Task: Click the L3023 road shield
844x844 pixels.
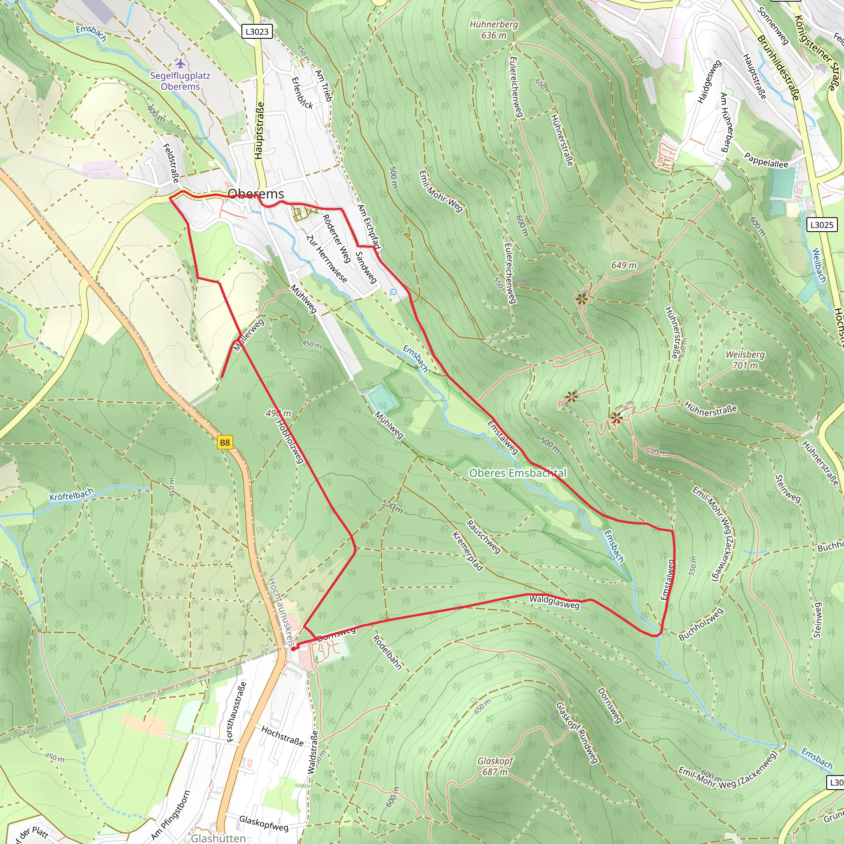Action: pos(257,31)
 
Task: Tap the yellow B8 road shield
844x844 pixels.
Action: pos(225,443)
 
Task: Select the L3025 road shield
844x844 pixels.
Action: pos(822,225)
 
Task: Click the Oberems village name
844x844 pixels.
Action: pos(256,194)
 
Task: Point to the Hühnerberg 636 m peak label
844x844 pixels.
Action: pos(494,30)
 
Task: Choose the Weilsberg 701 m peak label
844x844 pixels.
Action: pos(745,359)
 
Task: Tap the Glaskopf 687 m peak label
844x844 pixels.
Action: pos(495,766)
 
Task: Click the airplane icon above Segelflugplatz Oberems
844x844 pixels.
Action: pos(181,64)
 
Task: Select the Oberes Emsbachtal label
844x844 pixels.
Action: pos(518,473)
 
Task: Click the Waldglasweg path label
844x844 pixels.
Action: pos(554,602)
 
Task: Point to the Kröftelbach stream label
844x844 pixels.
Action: pos(71,495)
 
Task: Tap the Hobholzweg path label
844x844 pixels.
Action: pos(290,441)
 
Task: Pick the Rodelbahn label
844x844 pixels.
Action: pos(387,652)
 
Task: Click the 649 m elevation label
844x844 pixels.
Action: pos(624,265)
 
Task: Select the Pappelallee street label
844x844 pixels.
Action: pos(766,160)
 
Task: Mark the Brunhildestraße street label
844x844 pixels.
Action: pos(778,68)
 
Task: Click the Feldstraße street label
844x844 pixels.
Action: pos(171,163)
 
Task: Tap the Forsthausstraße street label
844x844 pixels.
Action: pos(236,712)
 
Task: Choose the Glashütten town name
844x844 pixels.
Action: pos(218,838)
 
